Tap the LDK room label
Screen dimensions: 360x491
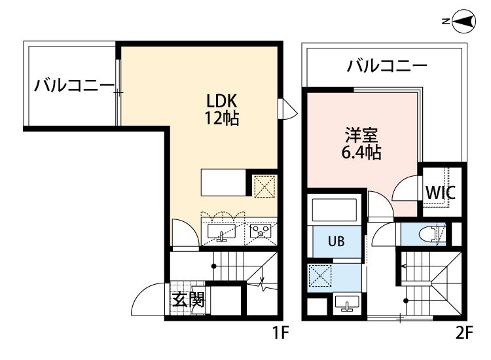pos(221,101)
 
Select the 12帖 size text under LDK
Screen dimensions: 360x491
pos(221,119)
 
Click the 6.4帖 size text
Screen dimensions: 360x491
pos(361,154)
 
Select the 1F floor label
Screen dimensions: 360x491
pos(280,333)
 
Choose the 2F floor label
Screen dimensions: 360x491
pos(463,333)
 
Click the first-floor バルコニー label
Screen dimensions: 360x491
pos(75,85)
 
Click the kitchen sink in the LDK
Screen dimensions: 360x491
pos(222,232)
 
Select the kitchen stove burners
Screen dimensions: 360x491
pos(260,231)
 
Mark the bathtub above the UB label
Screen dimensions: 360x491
pos(335,210)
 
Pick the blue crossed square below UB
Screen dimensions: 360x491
pos(321,277)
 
